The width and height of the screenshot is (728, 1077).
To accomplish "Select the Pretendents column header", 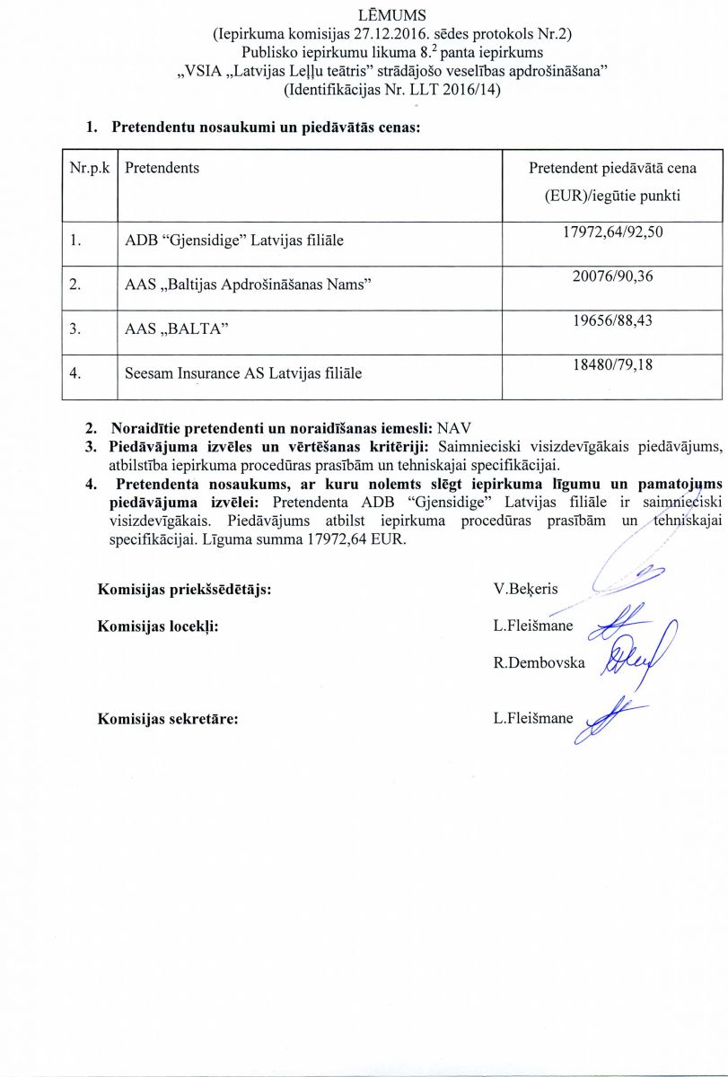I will pyautogui.click(x=162, y=168).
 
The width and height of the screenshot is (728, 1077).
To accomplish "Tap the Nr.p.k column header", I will pyautogui.click(x=89, y=168).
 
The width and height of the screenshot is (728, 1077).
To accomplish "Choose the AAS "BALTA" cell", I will pyautogui.click(x=175, y=328).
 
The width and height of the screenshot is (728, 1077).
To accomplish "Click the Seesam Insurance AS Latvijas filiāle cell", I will pyautogui.click(x=243, y=372).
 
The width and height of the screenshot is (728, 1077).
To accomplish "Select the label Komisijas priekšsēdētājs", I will pyautogui.click(x=184, y=590).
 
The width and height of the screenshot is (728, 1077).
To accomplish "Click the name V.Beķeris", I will pyautogui.click(x=525, y=590).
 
